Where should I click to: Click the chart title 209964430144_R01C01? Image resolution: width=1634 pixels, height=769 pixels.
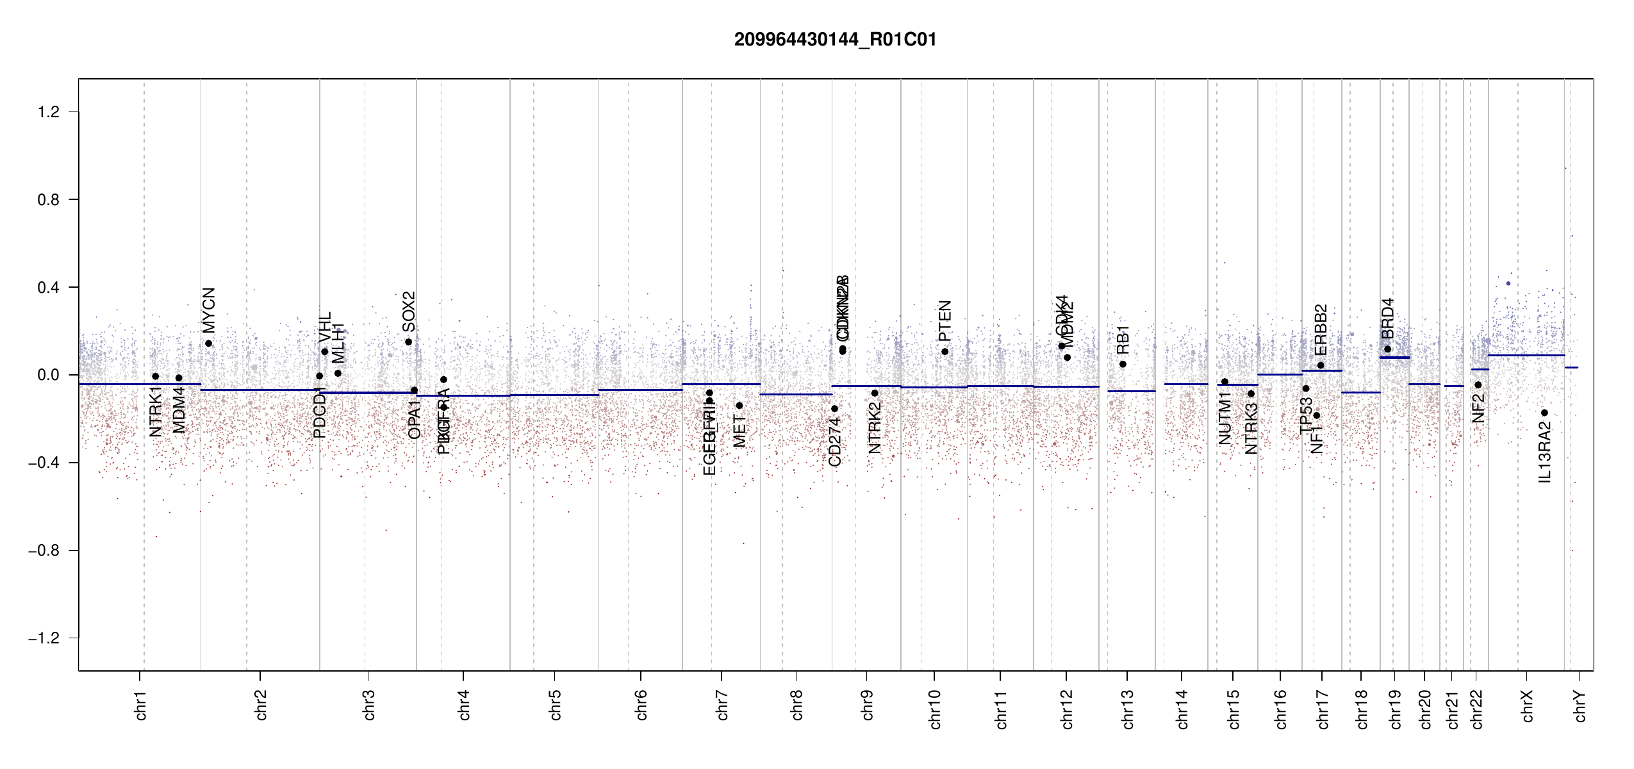click(x=835, y=40)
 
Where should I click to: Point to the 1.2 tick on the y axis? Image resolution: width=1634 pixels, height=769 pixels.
click(x=49, y=112)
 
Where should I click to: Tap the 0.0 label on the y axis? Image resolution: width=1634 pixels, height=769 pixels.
click(x=49, y=375)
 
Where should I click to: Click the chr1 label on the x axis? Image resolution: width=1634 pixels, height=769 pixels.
click(x=141, y=706)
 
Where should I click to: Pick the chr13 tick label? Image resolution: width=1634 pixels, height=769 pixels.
click(x=1128, y=709)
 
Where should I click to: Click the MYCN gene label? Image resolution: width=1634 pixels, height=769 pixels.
click(x=209, y=310)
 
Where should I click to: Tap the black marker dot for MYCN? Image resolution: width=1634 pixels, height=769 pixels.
click(x=209, y=343)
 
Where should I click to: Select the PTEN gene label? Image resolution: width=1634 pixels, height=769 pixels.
click(x=945, y=321)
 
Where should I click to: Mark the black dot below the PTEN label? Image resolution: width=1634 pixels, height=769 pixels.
click(x=945, y=351)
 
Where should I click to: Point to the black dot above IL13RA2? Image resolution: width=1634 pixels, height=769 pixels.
click(x=1544, y=413)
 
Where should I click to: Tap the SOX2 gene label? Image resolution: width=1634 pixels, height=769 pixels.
click(x=409, y=311)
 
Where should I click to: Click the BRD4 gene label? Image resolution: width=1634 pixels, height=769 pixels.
click(x=1388, y=318)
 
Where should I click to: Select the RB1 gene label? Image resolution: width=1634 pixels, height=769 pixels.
click(x=1123, y=340)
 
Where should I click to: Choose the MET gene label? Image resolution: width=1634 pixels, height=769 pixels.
click(x=739, y=431)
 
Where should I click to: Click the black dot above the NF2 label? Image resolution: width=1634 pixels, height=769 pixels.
click(x=1478, y=384)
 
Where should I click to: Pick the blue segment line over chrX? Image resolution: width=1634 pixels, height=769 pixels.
click(x=1526, y=355)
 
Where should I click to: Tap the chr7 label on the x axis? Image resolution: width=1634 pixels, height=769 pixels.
click(x=722, y=706)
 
